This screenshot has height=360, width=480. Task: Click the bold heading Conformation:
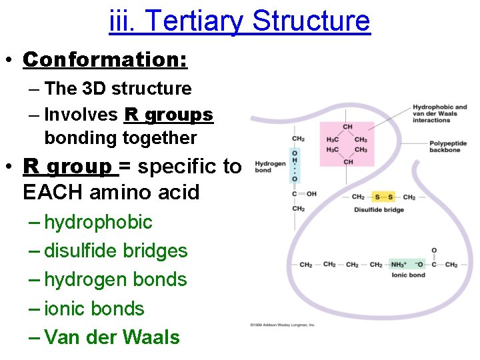[x=105, y=59]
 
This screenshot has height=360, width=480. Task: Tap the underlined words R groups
[x=168, y=115]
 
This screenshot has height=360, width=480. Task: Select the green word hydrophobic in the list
[x=98, y=222]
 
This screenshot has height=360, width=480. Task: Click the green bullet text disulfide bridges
[x=115, y=251]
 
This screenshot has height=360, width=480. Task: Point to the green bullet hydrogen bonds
[x=115, y=280]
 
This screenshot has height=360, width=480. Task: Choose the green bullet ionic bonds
[x=94, y=309]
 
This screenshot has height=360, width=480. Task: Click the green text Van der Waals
[x=111, y=338]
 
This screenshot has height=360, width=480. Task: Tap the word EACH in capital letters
[x=49, y=193]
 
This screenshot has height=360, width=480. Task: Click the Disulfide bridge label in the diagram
[x=379, y=210]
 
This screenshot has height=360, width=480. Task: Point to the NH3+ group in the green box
[x=399, y=265]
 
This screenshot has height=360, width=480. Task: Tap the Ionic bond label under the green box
[x=408, y=275]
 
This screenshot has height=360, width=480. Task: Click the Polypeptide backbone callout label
[x=448, y=147]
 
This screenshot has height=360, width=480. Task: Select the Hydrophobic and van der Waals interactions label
[x=439, y=113]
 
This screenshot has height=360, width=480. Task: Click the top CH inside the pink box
[x=347, y=127]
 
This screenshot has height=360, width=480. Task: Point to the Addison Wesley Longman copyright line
[x=283, y=325]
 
